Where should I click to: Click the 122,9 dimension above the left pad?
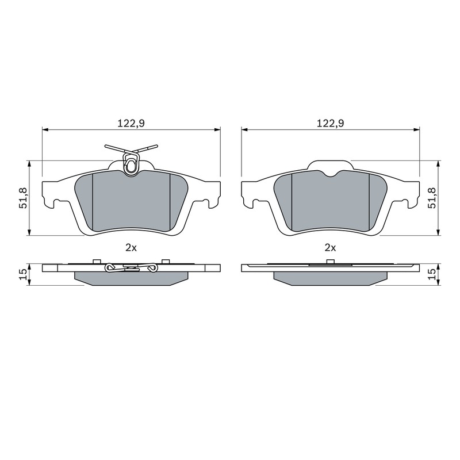[x=131, y=123]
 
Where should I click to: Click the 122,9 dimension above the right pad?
[x=330, y=123]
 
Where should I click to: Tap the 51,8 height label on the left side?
[x=24, y=198]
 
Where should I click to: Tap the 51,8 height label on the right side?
[x=432, y=198]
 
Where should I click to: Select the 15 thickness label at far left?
[x=24, y=274]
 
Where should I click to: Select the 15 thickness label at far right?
[x=432, y=274]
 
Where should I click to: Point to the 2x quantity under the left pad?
[x=131, y=248]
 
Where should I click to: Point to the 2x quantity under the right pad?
[x=330, y=248]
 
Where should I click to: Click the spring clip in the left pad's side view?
[x=131, y=267]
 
